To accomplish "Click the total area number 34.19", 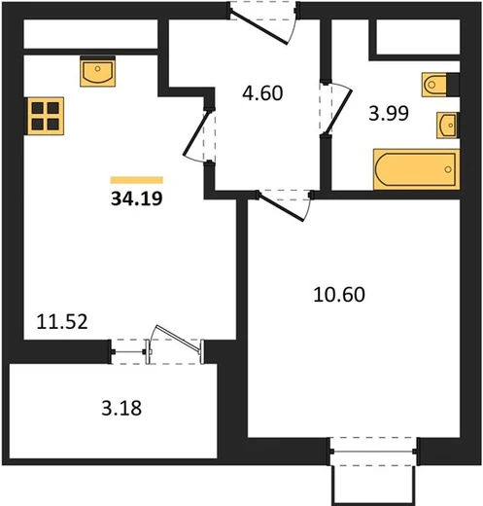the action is click(x=137, y=199).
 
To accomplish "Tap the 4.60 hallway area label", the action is click(x=262, y=93).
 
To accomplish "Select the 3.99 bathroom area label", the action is click(x=389, y=114).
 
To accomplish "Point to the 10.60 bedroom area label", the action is click(x=339, y=295).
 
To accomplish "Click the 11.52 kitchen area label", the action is click(x=62, y=322).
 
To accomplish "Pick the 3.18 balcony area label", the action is click(x=121, y=408).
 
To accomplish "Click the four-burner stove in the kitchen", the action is click(x=45, y=116).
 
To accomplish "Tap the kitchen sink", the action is click(x=98, y=72).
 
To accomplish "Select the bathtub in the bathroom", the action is click(x=417, y=169).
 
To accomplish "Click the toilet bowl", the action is click(x=434, y=85).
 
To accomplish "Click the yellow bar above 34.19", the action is click(x=137, y=180).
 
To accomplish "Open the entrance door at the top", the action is click(x=259, y=28).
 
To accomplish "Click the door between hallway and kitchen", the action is click(x=196, y=133).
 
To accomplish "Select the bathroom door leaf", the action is click(x=339, y=112).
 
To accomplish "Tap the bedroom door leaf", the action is click(x=282, y=208).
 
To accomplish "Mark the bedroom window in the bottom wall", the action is click(x=373, y=452).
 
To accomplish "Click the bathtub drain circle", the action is click(x=448, y=169).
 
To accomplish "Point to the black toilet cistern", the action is click(x=453, y=85).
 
